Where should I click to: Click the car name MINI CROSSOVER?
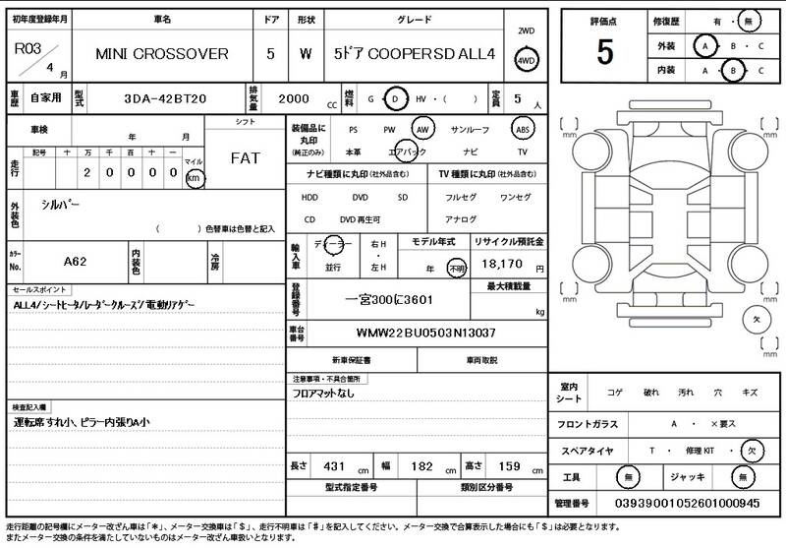click(x=162, y=54)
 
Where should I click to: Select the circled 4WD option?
click(x=527, y=60)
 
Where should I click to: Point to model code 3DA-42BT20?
click(x=163, y=99)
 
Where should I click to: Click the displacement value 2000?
click(x=294, y=99)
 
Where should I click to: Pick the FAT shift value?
click(x=246, y=158)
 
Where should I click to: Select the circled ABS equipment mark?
click(x=523, y=129)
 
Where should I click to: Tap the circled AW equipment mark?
click(x=422, y=129)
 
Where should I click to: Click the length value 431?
click(x=334, y=465)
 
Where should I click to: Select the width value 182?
click(x=421, y=465)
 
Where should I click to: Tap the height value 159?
click(x=510, y=465)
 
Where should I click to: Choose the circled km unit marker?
click(x=194, y=178)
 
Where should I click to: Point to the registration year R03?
click(x=27, y=47)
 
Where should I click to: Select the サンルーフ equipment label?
click(x=470, y=129)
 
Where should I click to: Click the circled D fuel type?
click(x=395, y=99)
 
